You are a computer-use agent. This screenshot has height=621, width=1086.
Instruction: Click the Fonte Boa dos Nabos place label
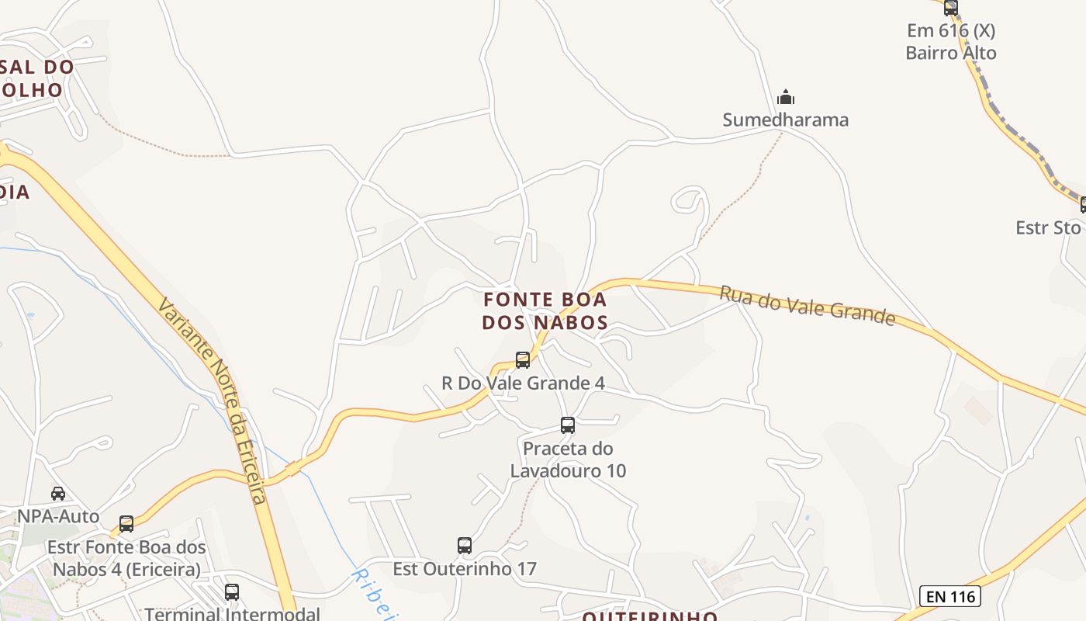tap(545, 310)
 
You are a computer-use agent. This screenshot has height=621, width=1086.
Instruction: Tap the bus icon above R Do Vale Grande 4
tap(523, 360)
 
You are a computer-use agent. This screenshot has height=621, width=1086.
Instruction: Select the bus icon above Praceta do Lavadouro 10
tap(568, 425)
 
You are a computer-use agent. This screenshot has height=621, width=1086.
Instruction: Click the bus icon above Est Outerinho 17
tap(465, 546)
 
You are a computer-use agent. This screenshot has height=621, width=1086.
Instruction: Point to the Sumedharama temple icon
tap(786, 98)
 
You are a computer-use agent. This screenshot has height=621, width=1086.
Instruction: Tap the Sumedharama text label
tap(785, 120)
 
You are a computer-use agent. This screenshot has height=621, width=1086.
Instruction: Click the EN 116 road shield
tap(950, 596)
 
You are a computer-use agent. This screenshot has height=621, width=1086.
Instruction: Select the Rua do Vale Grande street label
tap(807, 305)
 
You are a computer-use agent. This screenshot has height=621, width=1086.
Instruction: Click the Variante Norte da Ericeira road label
tap(212, 399)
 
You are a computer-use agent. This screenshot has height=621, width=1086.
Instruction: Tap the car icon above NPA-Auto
tap(58, 494)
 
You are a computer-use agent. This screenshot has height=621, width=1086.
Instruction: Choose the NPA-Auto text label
tap(59, 516)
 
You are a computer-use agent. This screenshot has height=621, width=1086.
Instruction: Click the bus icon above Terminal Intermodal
tap(232, 592)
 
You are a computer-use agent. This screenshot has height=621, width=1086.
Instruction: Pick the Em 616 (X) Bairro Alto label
tap(951, 42)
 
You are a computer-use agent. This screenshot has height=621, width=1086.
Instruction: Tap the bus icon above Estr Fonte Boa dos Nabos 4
tap(126, 524)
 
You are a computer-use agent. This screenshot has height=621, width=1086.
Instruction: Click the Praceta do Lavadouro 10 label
tap(568, 460)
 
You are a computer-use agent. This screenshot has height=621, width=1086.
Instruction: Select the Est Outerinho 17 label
tap(464, 569)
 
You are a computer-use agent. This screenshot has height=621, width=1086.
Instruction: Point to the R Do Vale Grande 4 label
tap(523, 383)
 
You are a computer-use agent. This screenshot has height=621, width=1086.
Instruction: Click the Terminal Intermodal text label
tap(232, 613)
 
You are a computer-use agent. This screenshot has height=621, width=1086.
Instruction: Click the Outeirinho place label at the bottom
tap(649, 616)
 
